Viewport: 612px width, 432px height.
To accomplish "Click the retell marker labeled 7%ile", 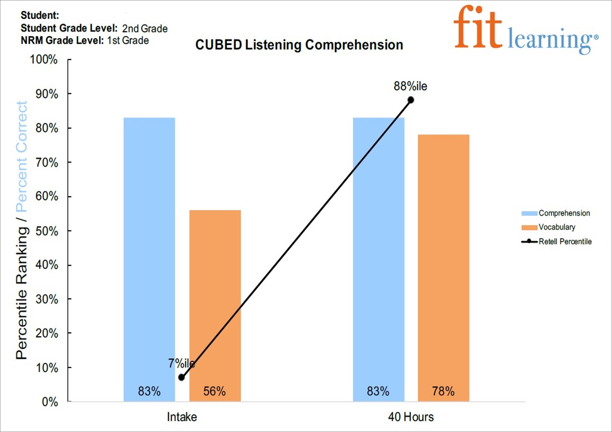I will [x=182, y=377].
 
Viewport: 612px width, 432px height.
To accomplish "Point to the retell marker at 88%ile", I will [x=411, y=100].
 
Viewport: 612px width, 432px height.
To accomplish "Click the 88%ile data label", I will [x=410, y=86].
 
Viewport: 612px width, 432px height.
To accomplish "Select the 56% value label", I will [x=215, y=391].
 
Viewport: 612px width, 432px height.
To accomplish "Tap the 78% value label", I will [x=443, y=391].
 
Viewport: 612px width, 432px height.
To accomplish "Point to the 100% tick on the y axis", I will [x=44, y=60].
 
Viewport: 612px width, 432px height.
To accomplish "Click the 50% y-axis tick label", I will [x=47, y=231].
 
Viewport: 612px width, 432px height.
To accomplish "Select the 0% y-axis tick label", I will [x=50, y=402].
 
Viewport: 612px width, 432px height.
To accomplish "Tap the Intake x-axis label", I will [x=182, y=417].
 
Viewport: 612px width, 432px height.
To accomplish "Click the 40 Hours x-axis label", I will [x=410, y=417].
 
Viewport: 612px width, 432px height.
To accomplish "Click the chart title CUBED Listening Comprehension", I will [x=299, y=45].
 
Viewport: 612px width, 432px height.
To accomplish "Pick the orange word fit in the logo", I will [x=478, y=28].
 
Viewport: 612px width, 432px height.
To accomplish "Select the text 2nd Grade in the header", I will [x=145, y=28].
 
